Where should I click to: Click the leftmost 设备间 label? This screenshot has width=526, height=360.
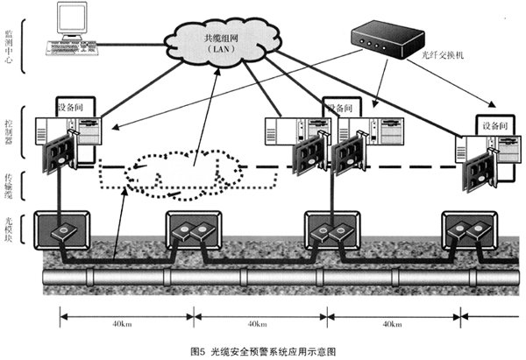pyautogui.click(x=73, y=106)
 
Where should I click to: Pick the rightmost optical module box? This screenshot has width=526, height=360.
pyautogui.click(x=471, y=232)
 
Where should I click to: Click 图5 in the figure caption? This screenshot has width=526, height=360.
pyautogui.click(x=196, y=350)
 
